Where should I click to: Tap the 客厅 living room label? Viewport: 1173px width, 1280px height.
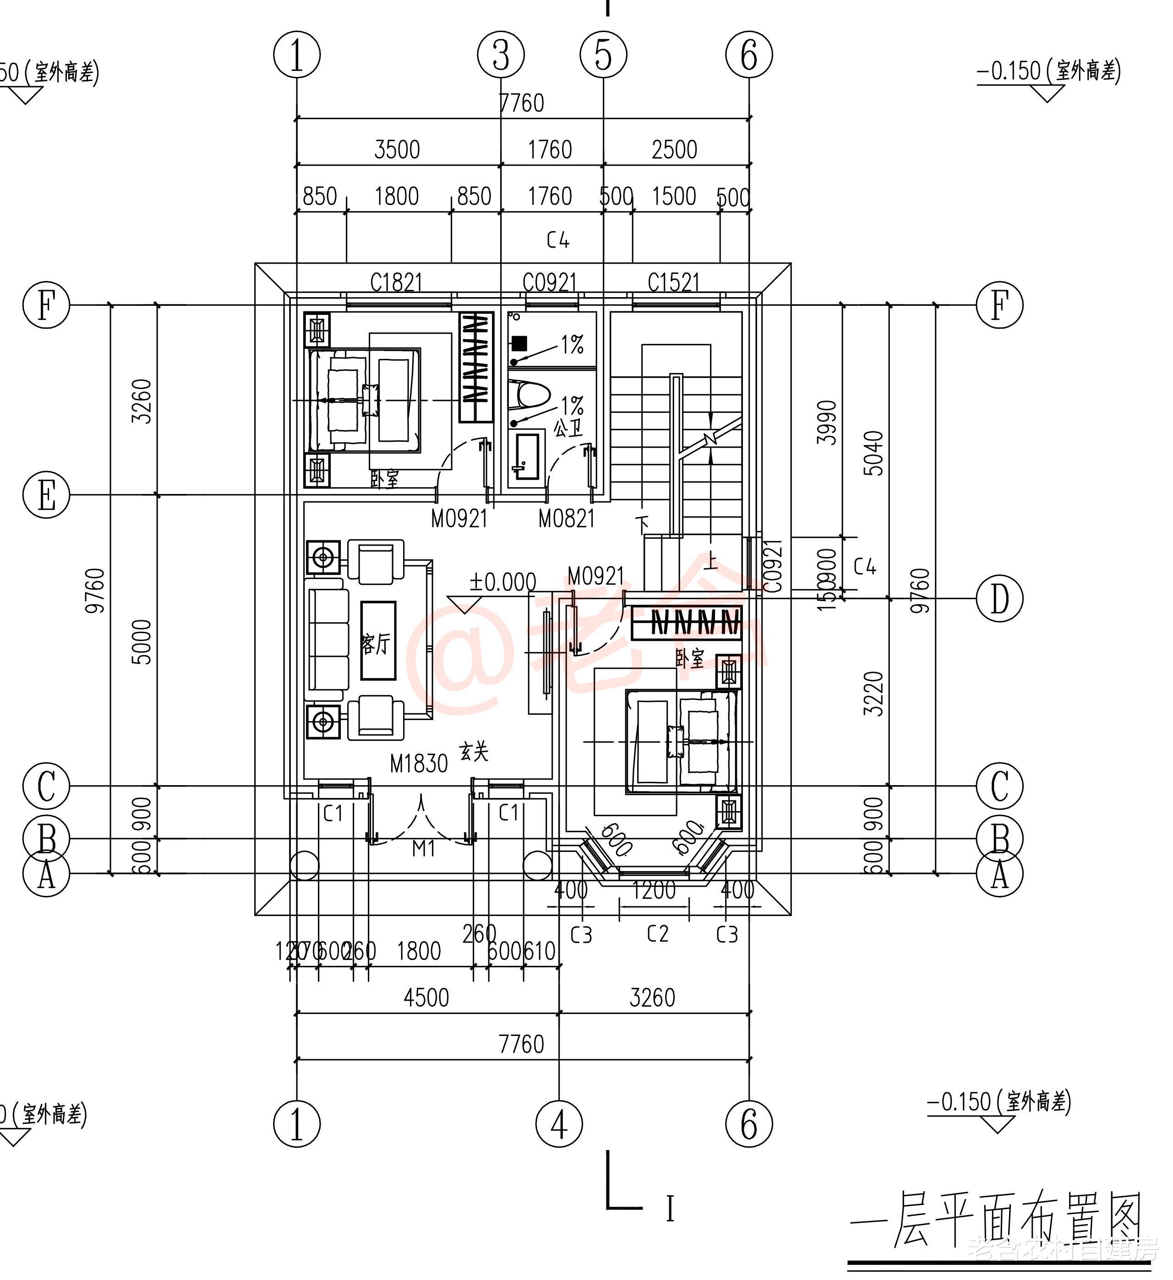pyautogui.click(x=376, y=645)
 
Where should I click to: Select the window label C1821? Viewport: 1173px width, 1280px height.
pyautogui.click(x=396, y=282)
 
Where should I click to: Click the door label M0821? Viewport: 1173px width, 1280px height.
pyautogui.click(x=567, y=519)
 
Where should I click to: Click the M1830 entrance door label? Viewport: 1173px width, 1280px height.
pyautogui.click(x=419, y=764)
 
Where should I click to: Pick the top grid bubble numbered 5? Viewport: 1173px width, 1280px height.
pyautogui.click(x=603, y=54)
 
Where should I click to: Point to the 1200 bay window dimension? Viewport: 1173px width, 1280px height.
pyautogui.click(x=654, y=890)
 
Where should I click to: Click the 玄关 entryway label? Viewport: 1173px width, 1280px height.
pyautogui.click(x=475, y=752)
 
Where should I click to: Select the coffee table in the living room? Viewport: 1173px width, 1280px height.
pyautogui.click(x=378, y=640)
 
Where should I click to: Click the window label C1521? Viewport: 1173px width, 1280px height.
pyautogui.click(x=673, y=282)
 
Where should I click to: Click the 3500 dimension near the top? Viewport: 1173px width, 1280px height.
pyautogui.click(x=397, y=150)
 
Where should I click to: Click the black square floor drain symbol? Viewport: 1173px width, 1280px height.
pyautogui.click(x=519, y=343)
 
